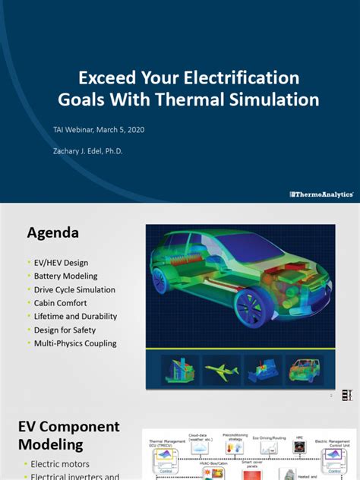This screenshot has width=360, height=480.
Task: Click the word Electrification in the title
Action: pos(248,77)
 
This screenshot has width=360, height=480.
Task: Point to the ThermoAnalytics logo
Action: pos(321,194)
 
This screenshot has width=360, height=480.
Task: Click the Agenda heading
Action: pos(53,232)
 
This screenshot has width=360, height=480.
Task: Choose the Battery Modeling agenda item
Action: pos(66,276)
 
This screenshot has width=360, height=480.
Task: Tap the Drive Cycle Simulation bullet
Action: pos(75,290)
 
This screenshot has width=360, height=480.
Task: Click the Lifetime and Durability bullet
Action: pos(76,317)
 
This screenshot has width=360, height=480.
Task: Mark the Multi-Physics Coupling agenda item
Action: pos(75,343)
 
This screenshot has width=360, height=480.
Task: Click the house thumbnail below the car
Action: pos(181,369)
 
